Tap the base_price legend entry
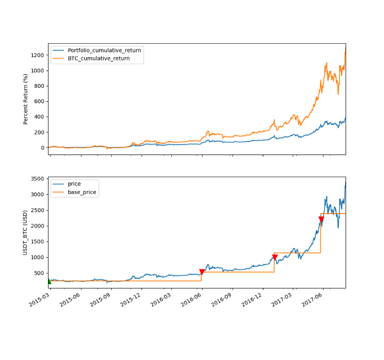(82, 192)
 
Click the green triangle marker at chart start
(49, 281)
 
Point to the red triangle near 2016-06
(202, 272)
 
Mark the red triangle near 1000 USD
(275, 257)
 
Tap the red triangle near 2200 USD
(321, 220)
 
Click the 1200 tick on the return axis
(38, 55)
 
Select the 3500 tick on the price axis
(38, 179)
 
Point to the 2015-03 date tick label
(40, 299)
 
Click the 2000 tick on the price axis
(38, 226)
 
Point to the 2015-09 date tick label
(101, 299)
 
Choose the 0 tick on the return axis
(43, 147)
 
